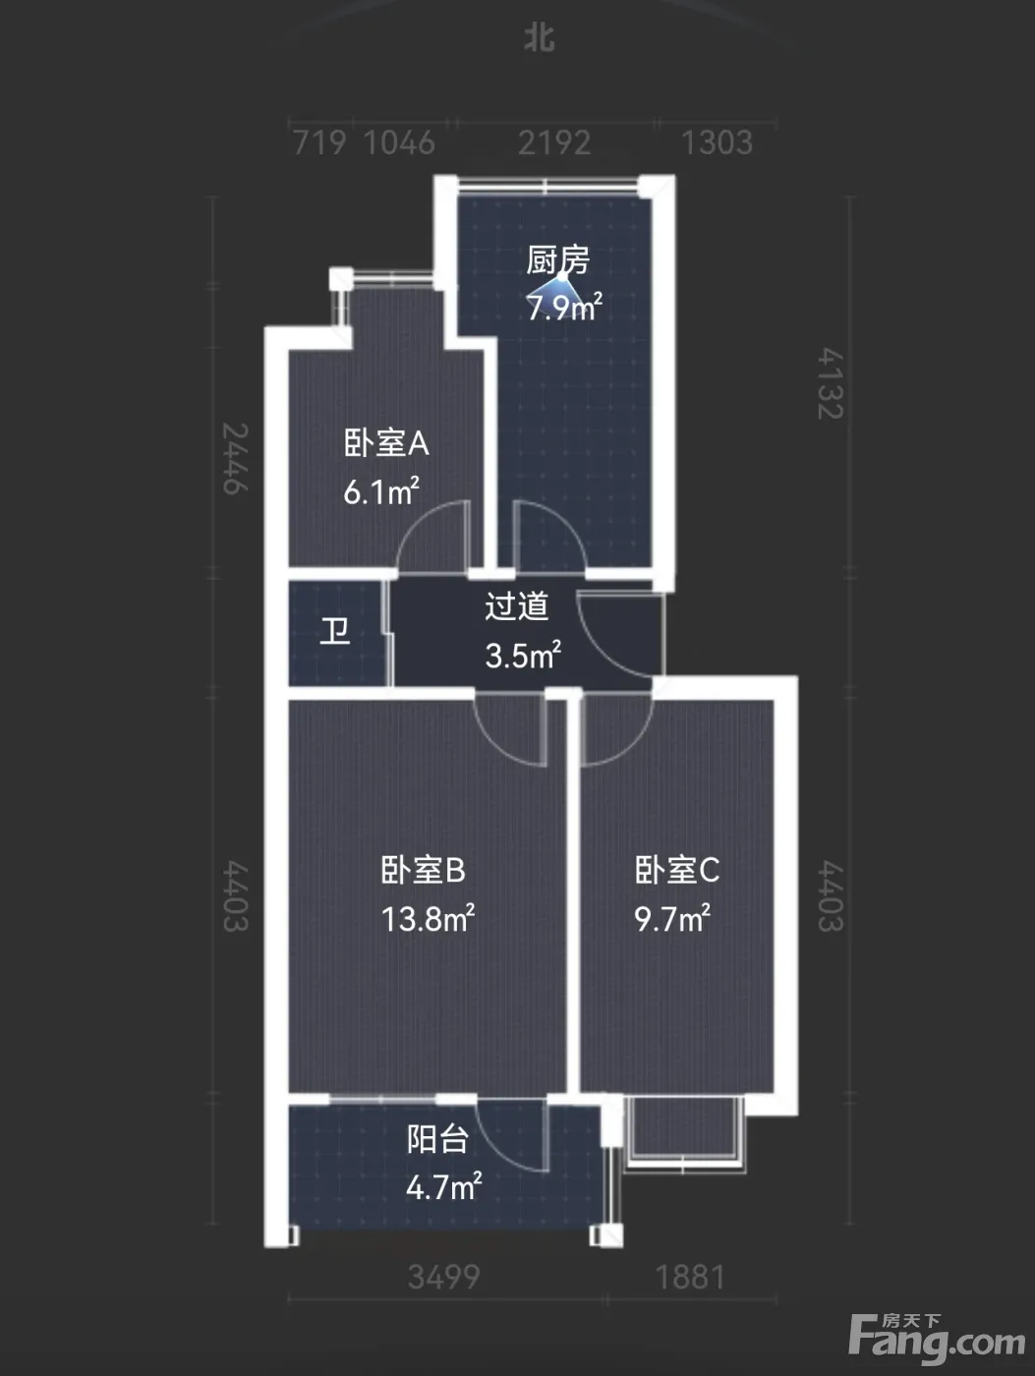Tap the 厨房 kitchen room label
click(x=557, y=259)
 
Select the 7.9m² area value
click(x=564, y=308)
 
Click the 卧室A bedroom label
click(x=386, y=443)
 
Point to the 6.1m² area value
click(x=381, y=491)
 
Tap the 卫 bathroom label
click(x=335, y=631)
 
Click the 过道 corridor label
click(x=517, y=606)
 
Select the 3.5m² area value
click(x=523, y=656)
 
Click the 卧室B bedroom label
click(x=424, y=870)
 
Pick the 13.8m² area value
click(x=428, y=919)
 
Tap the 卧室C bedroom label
click(x=677, y=870)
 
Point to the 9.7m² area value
click(x=672, y=919)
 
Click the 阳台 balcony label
click(x=437, y=1139)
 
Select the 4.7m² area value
click(x=444, y=1186)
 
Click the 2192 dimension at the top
click(x=554, y=143)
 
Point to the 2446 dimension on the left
click(x=235, y=459)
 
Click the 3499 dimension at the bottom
click(x=444, y=1277)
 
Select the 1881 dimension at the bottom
click(x=690, y=1277)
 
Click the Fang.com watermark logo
click(x=937, y=1340)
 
